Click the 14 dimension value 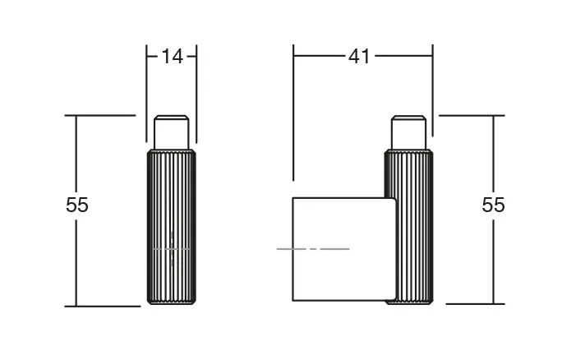[172, 57]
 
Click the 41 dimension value [359, 57]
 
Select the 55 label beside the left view [77, 205]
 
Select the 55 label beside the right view [493, 205]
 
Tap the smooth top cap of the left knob [171, 132]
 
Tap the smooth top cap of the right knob [408, 132]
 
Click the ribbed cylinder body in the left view [171, 227]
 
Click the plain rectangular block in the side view [344, 250]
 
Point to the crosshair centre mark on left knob [172, 249]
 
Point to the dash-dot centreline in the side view [313, 249]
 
